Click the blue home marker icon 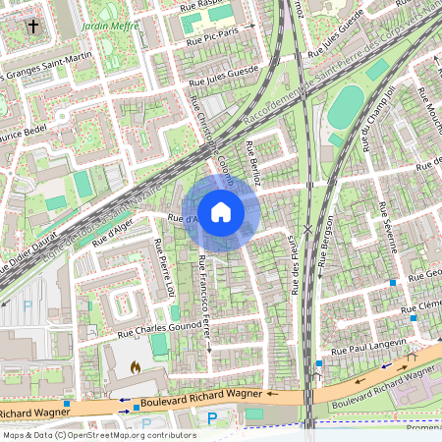coord(221,211)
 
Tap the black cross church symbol coord(34,25)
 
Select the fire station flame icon coord(136,366)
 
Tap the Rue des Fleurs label coord(293,261)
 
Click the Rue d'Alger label coord(111,232)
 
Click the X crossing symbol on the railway coord(308,229)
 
